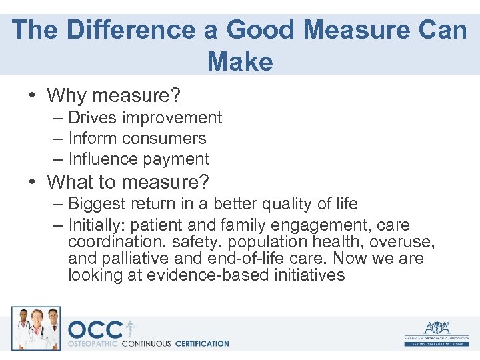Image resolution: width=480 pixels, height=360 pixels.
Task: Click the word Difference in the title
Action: pos(112,31)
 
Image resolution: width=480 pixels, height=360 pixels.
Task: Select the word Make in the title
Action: pos(240,62)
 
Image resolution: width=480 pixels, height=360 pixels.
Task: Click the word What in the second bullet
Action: pos(71,181)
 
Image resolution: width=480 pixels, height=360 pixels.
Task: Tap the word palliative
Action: pos(144,259)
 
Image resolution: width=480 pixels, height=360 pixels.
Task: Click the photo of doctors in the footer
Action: pos(36,328)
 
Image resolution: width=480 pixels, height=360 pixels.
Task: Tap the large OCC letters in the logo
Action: pos(95,330)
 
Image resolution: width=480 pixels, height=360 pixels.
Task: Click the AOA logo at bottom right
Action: pos(437,331)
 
